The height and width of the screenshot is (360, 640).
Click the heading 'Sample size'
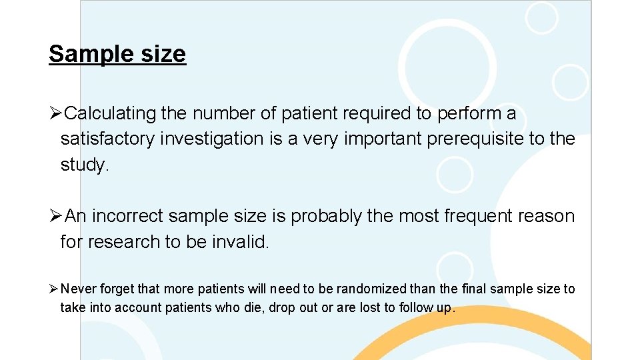pos(117,54)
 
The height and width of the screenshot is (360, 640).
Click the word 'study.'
pos(84,165)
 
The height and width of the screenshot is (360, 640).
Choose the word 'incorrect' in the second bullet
pos(127,217)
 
